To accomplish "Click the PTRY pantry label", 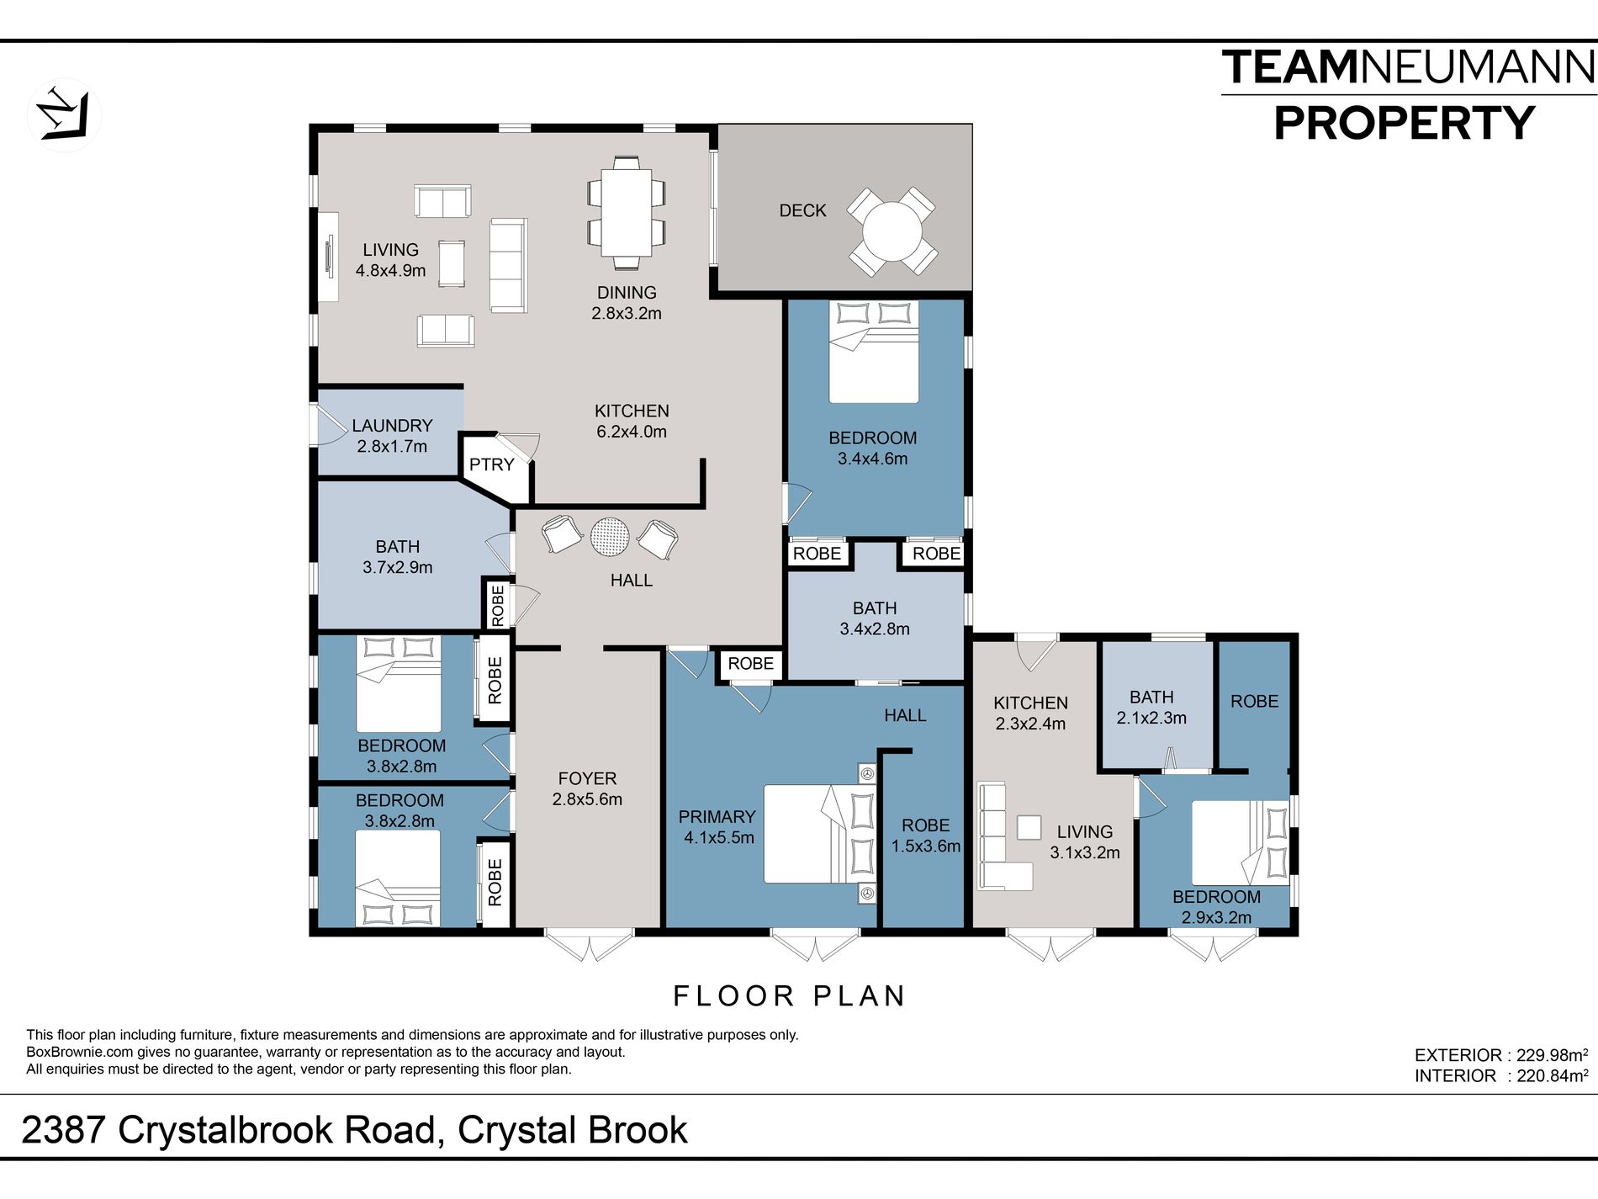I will click(x=491, y=464).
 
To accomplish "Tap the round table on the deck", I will click(x=892, y=231).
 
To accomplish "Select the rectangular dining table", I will click(x=627, y=212).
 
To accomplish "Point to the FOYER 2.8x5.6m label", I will click(x=587, y=789).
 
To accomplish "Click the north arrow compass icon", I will click(x=65, y=114).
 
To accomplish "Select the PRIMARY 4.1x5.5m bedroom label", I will click(x=717, y=827).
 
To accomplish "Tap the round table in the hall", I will click(x=610, y=536).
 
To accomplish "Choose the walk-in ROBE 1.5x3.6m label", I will click(x=925, y=836).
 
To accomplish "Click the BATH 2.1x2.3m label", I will click(x=1151, y=708).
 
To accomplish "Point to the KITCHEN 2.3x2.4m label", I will click(x=1030, y=713).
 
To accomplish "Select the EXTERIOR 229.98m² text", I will click(x=1501, y=1055).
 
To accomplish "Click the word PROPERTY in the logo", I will click(x=1405, y=124).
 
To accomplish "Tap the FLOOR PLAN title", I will click(x=789, y=996).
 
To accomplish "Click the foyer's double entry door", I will click(x=589, y=944).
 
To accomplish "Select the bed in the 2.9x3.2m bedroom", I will click(x=1240, y=843).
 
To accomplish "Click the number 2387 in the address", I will click(x=64, y=1130).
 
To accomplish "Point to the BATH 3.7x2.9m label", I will click(x=397, y=557).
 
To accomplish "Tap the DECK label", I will click(x=802, y=210).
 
